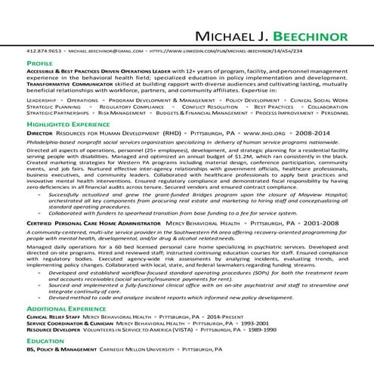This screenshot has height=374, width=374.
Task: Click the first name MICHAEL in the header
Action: (x=221, y=37)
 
